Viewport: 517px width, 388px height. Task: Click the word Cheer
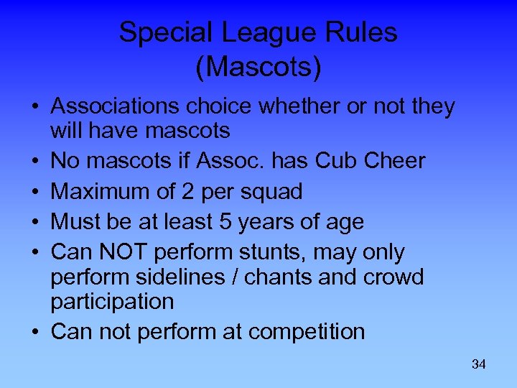point(394,161)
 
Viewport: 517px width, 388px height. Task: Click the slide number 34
point(479,364)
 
